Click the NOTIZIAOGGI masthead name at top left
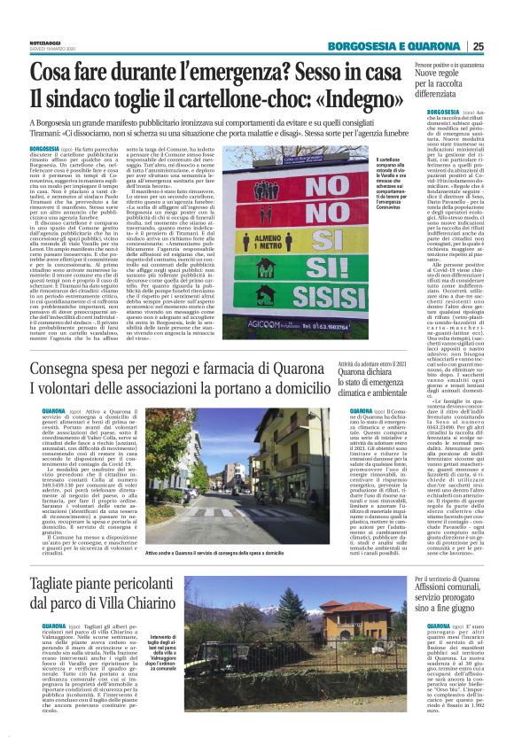(x=46, y=46)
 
